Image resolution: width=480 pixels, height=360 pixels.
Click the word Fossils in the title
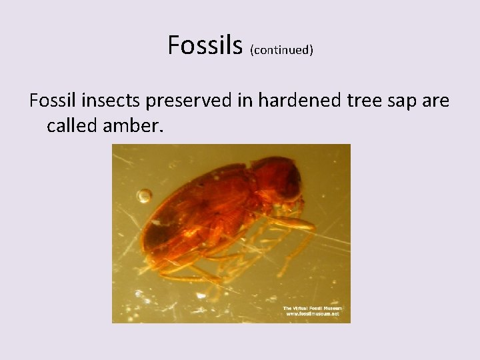[x=205, y=45]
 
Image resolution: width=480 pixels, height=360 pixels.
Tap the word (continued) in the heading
[x=281, y=50]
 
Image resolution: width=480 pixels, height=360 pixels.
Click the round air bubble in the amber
[x=144, y=196]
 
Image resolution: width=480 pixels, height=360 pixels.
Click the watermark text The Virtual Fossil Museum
[x=312, y=308]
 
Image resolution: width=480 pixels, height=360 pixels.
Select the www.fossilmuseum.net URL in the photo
[x=312, y=314]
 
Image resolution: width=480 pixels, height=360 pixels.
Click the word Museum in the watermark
[x=331, y=308]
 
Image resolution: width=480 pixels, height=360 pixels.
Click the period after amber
[x=160, y=129]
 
